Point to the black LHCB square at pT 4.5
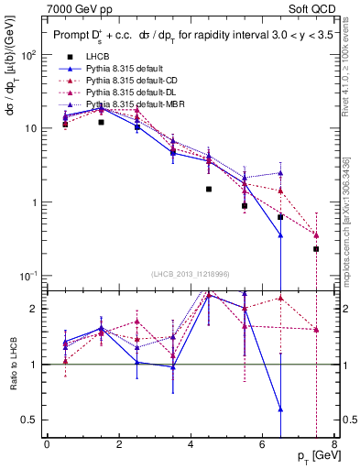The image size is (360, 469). tap(209, 189)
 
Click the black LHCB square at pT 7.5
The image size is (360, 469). tap(316, 248)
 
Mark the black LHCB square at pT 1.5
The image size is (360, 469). tap(101, 122)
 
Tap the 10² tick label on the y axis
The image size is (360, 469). tap(29, 55)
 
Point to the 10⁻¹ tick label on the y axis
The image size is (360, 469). tap(28, 276)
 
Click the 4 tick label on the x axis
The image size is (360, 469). tap(190, 445)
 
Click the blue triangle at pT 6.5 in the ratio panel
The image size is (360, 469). tap(280, 409)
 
